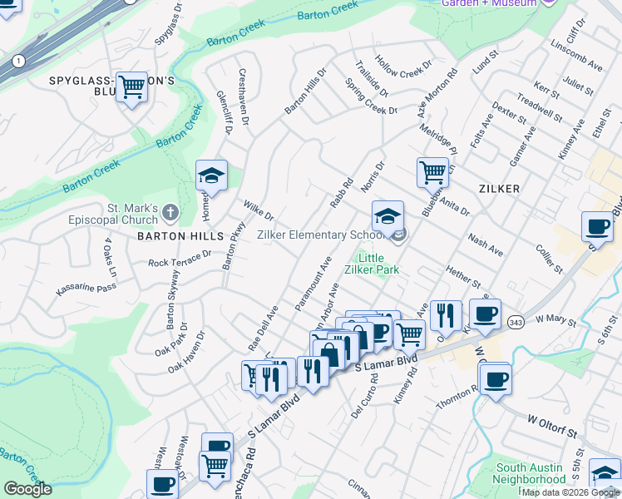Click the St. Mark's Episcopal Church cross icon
[170, 213]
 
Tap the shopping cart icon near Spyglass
[131, 86]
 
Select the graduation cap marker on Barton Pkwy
[211, 175]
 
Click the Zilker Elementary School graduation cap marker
[387, 216]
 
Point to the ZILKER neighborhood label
[499, 189]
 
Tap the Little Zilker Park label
[373, 264]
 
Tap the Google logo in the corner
[27, 488]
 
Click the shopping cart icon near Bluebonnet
[432, 172]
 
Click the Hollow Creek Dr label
[404, 63]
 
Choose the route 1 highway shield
[17, 61]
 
